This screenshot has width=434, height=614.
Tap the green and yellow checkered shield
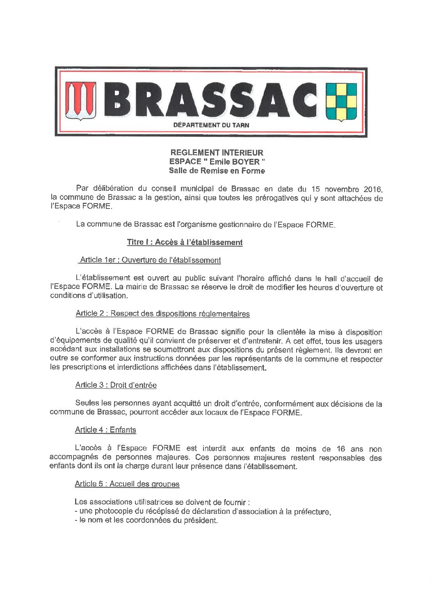click(340, 101)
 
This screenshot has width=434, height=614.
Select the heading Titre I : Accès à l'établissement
click(185, 242)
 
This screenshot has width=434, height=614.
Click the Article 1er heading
click(151, 260)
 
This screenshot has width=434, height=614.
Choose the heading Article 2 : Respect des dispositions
click(162, 314)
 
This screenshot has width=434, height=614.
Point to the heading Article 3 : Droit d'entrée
click(116, 385)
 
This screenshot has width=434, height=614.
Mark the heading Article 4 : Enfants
click(106, 430)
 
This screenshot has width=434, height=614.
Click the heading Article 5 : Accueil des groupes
click(127, 484)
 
